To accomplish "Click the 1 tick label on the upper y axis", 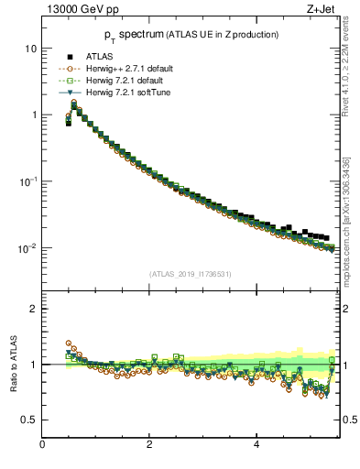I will pos(33,115).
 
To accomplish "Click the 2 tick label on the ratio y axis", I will pos(33,309).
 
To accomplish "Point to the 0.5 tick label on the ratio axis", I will pos(29,420).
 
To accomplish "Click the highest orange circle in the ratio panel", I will pos(69,344).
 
